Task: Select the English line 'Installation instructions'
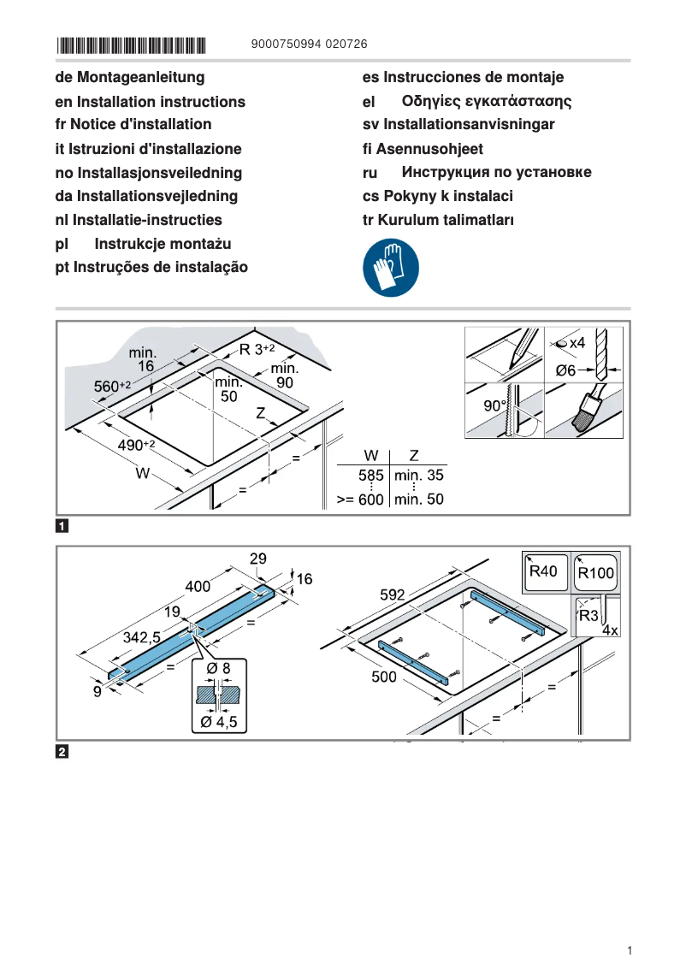click(150, 102)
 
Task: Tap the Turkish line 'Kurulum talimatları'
click(438, 220)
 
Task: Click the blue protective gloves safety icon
click(391, 267)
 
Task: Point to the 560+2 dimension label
click(111, 387)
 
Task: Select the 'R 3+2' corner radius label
click(257, 349)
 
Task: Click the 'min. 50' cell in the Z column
click(418, 500)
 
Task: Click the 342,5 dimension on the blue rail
click(142, 637)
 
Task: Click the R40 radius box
click(545, 571)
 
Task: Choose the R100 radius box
click(595, 572)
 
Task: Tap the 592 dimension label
click(393, 594)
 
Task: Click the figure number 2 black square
click(62, 753)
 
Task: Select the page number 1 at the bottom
click(629, 950)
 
